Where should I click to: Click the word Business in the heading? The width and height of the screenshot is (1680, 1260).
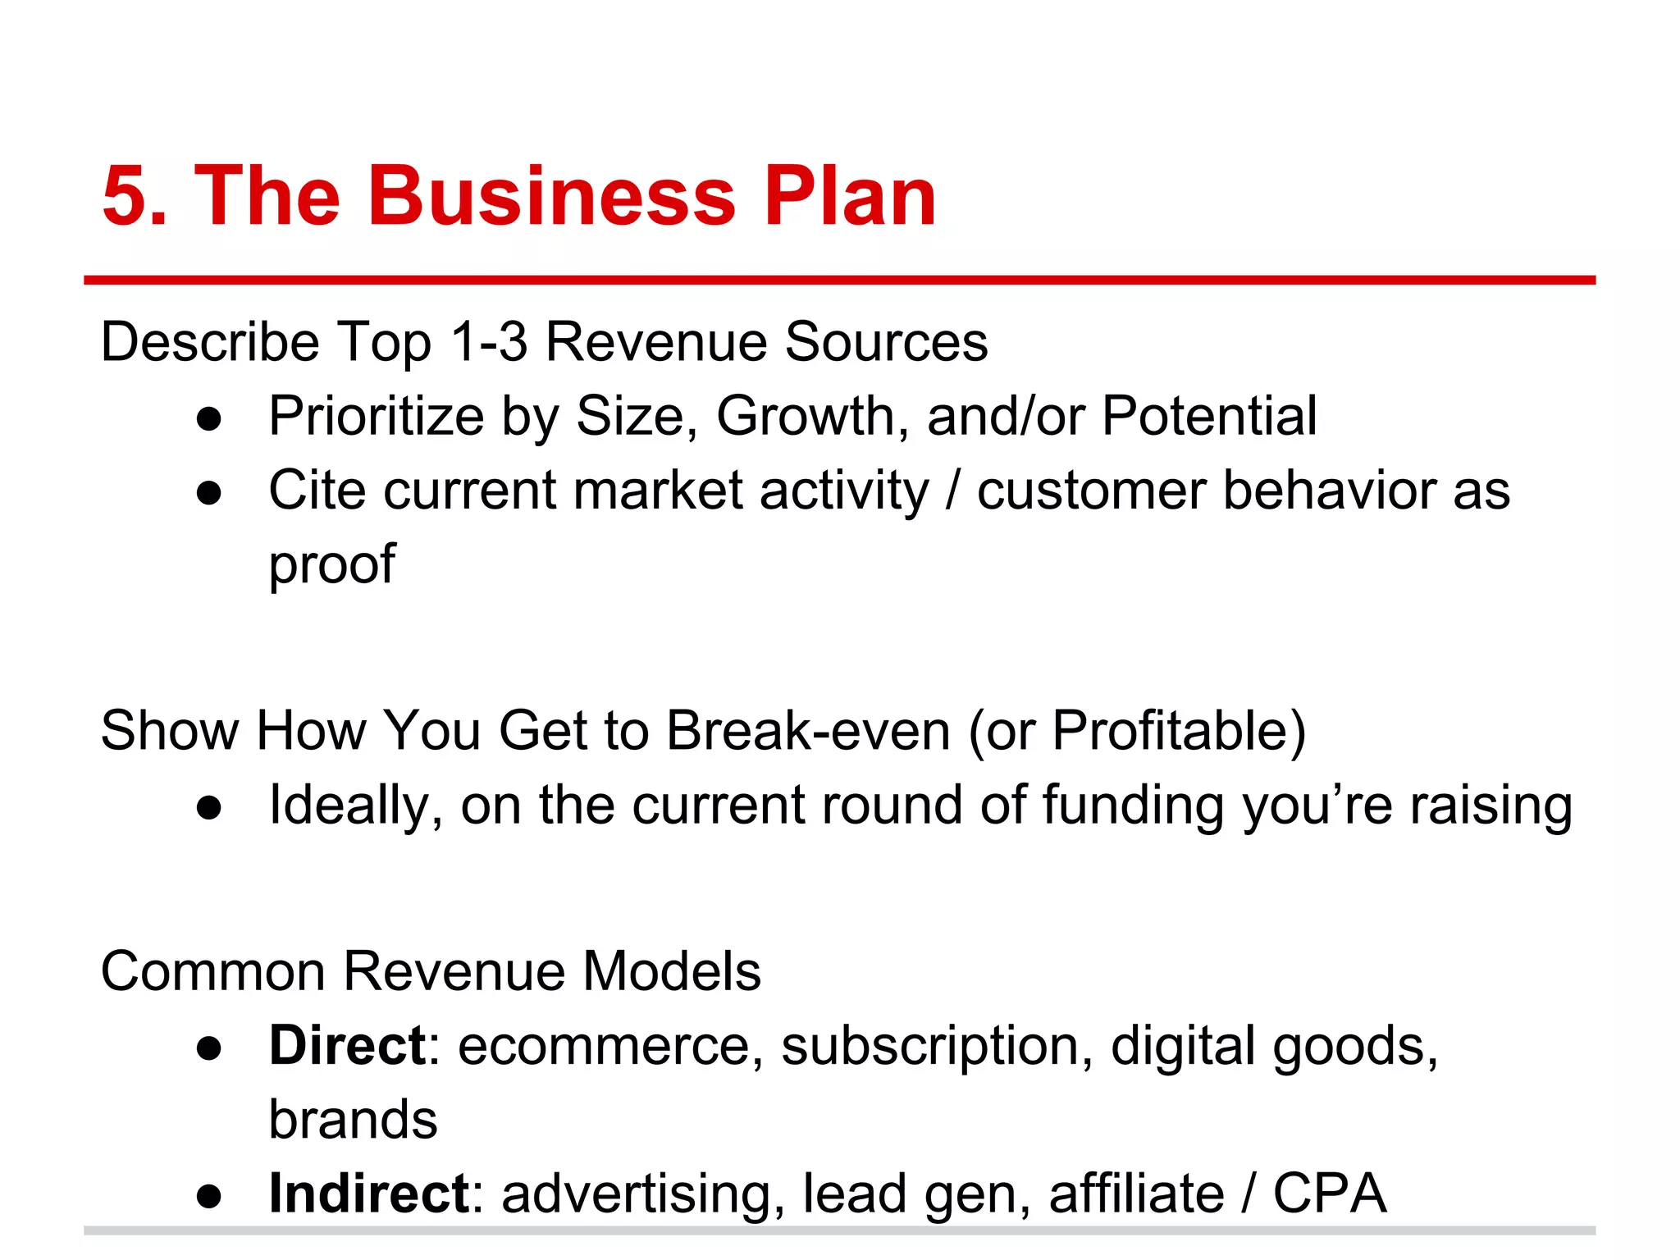(x=551, y=197)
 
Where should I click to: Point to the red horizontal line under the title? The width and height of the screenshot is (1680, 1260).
(x=839, y=281)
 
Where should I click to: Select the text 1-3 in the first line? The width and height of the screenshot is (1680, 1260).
(x=489, y=341)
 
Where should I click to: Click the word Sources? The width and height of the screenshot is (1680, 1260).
(x=886, y=341)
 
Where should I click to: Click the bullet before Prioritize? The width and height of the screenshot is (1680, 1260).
(x=210, y=418)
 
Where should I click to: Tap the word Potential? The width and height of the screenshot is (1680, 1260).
(x=1208, y=416)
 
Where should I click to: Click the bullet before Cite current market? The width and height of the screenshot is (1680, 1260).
(x=210, y=493)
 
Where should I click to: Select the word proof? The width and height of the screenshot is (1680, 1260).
(x=332, y=566)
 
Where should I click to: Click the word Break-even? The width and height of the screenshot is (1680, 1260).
(x=808, y=730)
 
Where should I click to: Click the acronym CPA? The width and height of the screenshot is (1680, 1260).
(x=1329, y=1194)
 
